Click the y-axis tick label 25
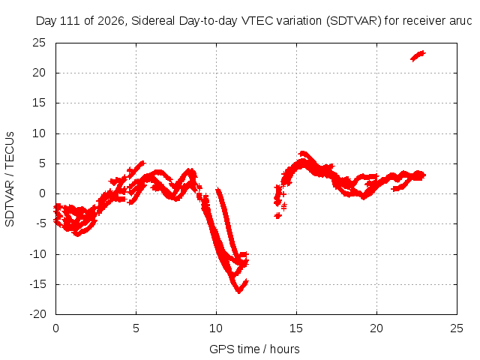pos(39,43)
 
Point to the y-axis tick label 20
pos(39,73)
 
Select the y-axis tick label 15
pos(39,103)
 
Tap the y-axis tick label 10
pos(39,133)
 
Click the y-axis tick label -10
pos(37,254)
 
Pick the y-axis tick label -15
pos(37,284)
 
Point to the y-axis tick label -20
pos(37,314)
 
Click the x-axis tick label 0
pos(55,328)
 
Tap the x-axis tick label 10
pos(216,328)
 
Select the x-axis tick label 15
pos(296,328)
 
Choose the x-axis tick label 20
pos(376,328)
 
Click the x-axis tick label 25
pos(457,328)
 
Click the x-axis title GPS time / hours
pos(254,349)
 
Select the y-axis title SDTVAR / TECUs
pos(10,179)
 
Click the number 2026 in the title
pos(111,21)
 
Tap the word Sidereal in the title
pos(153,21)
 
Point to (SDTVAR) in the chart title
pos(353,21)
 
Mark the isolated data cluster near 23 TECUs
pos(418,56)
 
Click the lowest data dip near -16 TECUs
pos(238,291)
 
